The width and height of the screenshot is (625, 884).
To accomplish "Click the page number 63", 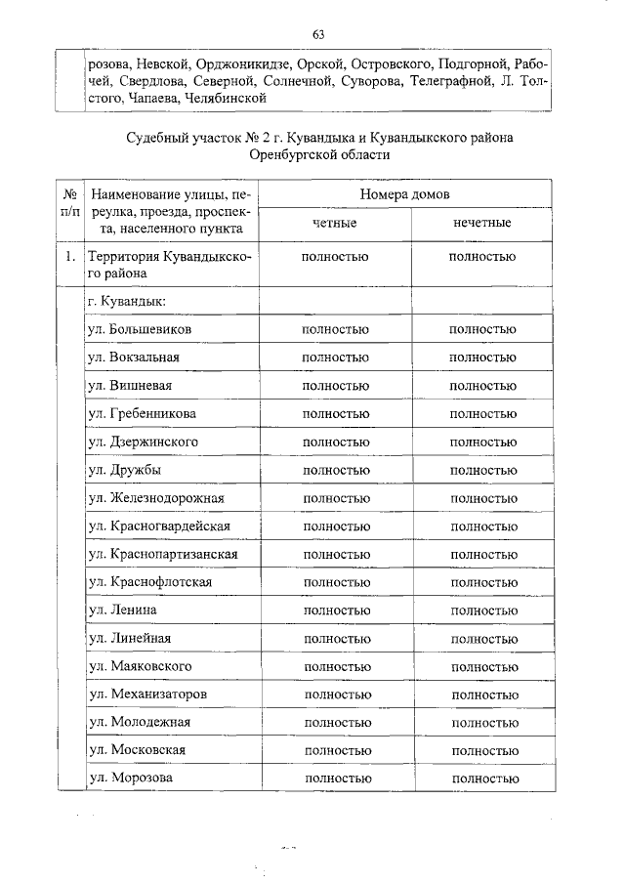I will (x=318, y=35).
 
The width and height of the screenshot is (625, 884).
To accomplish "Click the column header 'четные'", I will (x=335, y=224).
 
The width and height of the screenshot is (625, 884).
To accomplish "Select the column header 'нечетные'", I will (x=482, y=224).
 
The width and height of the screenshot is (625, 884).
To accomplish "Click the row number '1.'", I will (x=70, y=258).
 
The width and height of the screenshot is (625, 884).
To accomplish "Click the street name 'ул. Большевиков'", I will (x=139, y=329).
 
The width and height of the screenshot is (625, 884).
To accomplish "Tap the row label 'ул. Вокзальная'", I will (x=134, y=358).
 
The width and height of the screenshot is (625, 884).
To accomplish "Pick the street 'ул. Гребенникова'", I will (x=142, y=414).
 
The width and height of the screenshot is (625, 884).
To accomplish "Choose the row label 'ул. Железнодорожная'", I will (x=156, y=498).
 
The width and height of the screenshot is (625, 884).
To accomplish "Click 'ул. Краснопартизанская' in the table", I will (x=162, y=555).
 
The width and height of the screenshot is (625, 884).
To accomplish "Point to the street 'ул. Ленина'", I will (x=122, y=610).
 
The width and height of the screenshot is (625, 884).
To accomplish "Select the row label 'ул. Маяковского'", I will (x=140, y=666).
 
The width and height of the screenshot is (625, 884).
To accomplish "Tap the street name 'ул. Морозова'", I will (x=131, y=778).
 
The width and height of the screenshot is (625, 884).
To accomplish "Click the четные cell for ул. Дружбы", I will (x=335, y=470).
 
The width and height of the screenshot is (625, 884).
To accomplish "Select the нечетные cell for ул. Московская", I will (x=482, y=750).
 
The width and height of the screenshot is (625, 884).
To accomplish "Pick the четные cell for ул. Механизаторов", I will (x=335, y=695).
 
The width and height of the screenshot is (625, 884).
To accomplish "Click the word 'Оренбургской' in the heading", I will (x=290, y=154).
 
